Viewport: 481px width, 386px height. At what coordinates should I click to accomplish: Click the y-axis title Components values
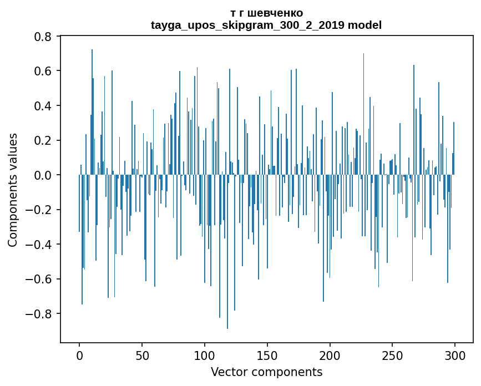pos(13,190)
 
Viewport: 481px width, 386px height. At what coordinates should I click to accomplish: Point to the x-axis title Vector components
pos(266,372)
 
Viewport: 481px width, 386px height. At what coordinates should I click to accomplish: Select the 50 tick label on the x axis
pos(142,355)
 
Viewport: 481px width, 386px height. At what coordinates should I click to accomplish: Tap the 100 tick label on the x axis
pos(205,355)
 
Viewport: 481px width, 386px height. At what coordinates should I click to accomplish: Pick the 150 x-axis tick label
pos(267,355)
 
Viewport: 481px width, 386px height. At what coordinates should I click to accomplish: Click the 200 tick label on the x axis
pos(330,355)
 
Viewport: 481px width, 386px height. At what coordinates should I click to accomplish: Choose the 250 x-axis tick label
pos(392,355)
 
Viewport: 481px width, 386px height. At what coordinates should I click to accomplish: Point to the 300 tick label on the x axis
pos(455,355)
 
